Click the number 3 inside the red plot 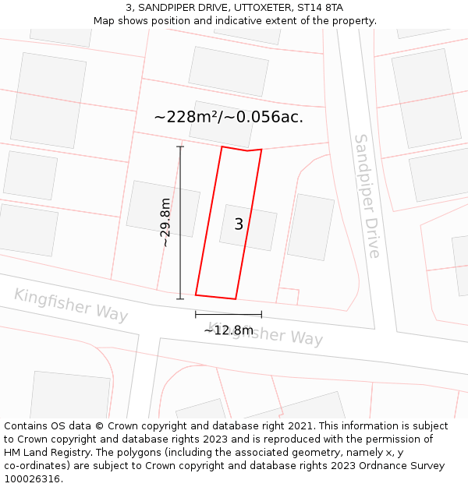pos(239,224)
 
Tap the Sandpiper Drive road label pos(367,196)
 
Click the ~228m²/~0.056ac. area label pos(229,117)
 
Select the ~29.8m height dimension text pos(165,222)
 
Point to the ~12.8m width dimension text pos(229,330)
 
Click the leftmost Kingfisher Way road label pos(71,304)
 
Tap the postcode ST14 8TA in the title pos(320,8)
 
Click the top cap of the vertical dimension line pos(180,146)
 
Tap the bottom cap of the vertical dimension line pos(180,298)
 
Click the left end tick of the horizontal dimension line pos(196,314)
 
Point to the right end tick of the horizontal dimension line pos(261,314)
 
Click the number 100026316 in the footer pos(33,478)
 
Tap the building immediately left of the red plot pos(163,208)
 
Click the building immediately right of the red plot pos(310,227)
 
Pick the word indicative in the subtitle pos(262,21)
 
